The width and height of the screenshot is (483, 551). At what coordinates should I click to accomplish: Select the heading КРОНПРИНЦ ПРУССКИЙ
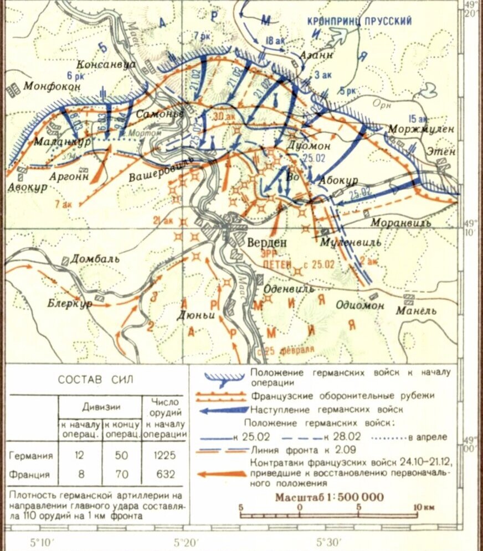359,21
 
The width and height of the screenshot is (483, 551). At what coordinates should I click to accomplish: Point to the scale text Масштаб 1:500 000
329,496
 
